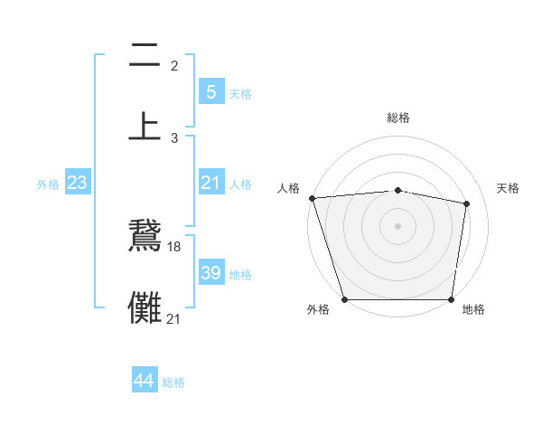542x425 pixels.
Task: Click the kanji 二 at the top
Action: [x=145, y=57]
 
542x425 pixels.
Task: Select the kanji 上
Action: [x=145, y=126]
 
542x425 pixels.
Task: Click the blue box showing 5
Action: [x=210, y=92]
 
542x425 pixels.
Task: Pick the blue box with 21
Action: [x=210, y=184]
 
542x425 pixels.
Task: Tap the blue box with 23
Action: [x=77, y=184]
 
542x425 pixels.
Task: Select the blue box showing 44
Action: [x=145, y=382]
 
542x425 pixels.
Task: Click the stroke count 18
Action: [x=175, y=246]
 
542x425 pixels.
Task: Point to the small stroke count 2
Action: [x=174, y=65]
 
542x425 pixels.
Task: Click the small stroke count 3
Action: [x=174, y=137]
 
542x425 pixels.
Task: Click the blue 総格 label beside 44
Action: [x=173, y=382]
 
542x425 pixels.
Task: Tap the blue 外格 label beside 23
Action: [x=48, y=184]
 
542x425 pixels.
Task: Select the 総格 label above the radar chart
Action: [x=397, y=118]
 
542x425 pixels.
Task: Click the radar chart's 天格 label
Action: [x=508, y=188]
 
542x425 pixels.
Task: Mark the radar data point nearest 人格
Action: [x=312, y=198]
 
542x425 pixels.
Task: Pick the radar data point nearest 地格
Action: [x=451, y=298]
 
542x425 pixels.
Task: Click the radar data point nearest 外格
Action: [x=344, y=298]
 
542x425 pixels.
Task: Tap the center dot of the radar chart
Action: [x=397, y=225]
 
